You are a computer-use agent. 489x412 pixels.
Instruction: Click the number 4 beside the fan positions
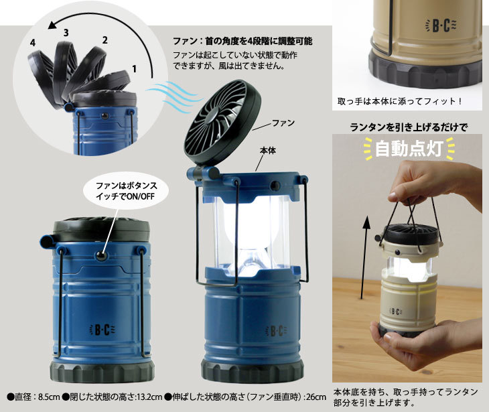point(33,43)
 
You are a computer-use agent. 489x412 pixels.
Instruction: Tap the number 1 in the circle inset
point(134,68)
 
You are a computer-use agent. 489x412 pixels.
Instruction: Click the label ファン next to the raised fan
point(283,123)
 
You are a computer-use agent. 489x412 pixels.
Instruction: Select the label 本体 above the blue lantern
point(268,151)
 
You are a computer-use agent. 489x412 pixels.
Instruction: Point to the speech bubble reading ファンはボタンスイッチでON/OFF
point(127,191)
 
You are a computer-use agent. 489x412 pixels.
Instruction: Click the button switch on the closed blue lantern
point(101,256)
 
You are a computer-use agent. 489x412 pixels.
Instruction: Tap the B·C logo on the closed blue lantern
point(102,330)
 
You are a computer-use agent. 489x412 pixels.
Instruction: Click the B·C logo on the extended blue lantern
point(276,330)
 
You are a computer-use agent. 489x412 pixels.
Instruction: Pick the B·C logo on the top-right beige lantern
point(441,26)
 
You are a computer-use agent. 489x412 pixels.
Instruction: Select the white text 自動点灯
point(409,149)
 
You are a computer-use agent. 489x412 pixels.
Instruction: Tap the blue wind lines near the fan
point(172,95)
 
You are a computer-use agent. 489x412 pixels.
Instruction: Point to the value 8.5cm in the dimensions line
point(49,397)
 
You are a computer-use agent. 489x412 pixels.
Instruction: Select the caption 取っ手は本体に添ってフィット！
point(400,101)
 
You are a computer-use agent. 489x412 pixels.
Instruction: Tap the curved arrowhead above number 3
point(52,25)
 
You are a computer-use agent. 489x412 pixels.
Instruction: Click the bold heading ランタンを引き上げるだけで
point(408,127)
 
